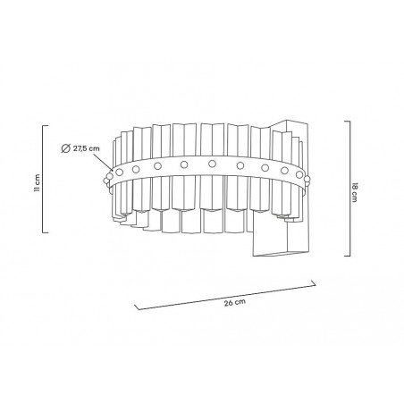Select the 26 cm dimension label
(x=233, y=303)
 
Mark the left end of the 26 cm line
(x=135, y=306)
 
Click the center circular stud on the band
(x=212, y=164)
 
